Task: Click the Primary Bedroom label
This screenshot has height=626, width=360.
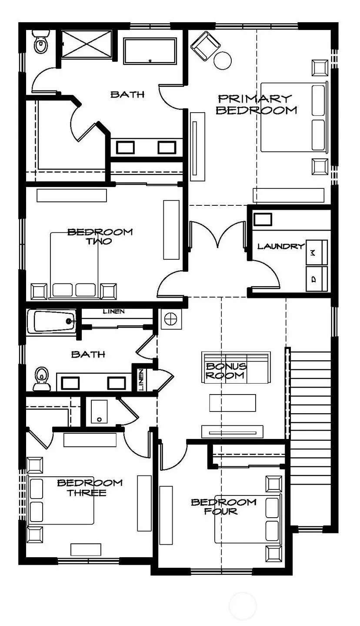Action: (256, 104)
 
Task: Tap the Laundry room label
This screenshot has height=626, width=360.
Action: (280, 246)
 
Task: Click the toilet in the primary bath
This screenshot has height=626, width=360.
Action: (40, 43)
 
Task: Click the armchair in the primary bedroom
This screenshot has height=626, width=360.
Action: (206, 45)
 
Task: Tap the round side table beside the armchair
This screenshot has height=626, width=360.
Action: (223, 60)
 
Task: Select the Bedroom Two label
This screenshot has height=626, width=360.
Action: (100, 236)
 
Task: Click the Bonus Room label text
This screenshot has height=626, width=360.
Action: (226, 371)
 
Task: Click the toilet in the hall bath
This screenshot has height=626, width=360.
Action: (41, 377)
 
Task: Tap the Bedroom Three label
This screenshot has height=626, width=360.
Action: (90, 487)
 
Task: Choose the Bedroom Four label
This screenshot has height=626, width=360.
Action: (223, 506)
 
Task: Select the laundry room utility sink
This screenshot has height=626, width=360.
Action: (263, 219)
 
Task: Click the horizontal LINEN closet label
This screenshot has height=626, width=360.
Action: (114, 311)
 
